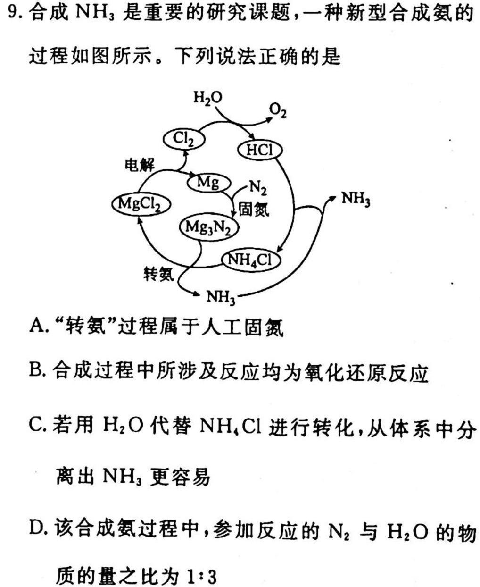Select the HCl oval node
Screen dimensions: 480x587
(260, 151)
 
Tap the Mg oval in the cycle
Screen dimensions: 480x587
(209, 183)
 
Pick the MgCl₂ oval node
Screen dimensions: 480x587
(141, 204)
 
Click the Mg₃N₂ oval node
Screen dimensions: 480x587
(208, 227)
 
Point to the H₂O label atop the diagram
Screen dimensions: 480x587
(208, 98)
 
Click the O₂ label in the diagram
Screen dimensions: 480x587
(278, 111)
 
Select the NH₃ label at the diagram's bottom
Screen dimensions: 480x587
(221, 297)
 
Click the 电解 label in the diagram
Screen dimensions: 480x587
(139, 165)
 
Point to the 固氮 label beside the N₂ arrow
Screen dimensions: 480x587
(254, 209)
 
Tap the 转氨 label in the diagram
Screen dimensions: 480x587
(159, 274)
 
